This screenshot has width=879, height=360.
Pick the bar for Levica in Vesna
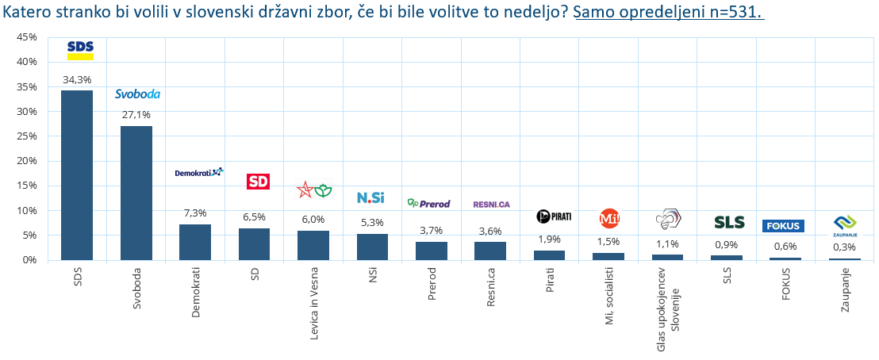[x=313, y=245]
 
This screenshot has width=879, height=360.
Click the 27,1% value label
[x=136, y=116]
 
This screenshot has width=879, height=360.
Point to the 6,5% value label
[x=254, y=216]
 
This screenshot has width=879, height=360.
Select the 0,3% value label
[x=844, y=247]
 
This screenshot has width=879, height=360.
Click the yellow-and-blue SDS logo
[x=80, y=50]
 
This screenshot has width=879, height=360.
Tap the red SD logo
[x=259, y=182]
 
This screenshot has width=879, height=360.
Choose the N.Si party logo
[x=371, y=197]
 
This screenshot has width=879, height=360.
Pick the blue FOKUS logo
[x=782, y=226]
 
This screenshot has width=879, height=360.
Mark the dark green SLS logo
[x=729, y=223]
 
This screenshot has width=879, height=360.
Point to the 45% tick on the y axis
[x=26, y=37]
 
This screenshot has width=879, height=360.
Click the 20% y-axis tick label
[x=26, y=161]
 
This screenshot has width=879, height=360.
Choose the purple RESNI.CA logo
[x=491, y=205]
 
